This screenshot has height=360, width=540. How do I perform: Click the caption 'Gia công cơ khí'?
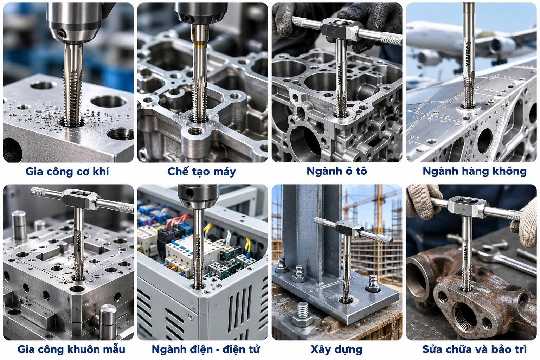[67, 172]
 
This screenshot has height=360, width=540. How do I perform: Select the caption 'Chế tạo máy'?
[201, 172]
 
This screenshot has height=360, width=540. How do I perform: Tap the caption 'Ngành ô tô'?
[337, 171]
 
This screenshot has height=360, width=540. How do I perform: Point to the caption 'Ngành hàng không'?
[475, 171]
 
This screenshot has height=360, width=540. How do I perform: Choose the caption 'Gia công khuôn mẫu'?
[71, 349]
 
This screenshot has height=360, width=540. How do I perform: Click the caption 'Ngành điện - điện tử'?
[206, 349]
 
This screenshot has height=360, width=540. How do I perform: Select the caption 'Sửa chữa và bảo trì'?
[474, 349]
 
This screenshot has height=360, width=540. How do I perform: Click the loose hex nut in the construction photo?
[302, 314]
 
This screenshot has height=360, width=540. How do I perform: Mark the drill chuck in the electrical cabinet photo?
[198, 196]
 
